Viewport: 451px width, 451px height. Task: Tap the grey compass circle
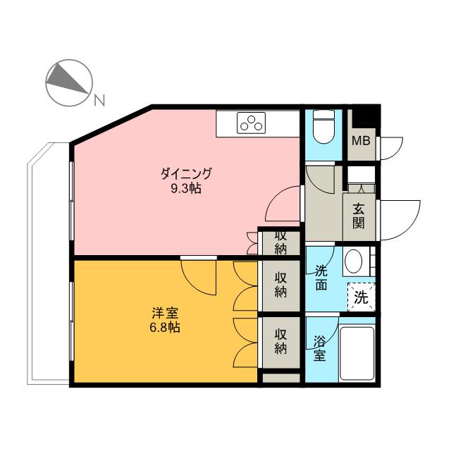tap(68, 82)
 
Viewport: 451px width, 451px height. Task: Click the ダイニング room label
tap(186, 173)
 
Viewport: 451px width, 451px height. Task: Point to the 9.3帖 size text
tap(186, 188)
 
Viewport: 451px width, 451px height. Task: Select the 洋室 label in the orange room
tap(163, 311)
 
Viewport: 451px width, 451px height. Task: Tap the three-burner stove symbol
tap(250, 123)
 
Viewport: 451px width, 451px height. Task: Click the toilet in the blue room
tap(323, 126)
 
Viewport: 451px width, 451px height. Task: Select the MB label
tap(361, 140)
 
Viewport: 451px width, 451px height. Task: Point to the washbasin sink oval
tap(354, 262)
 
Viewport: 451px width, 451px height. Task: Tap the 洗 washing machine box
tap(361, 297)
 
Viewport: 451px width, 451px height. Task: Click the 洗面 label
tap(321, 277)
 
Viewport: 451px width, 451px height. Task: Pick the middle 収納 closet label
tap(280, 283)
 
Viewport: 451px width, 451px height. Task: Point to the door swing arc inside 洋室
tap(199, 276)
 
